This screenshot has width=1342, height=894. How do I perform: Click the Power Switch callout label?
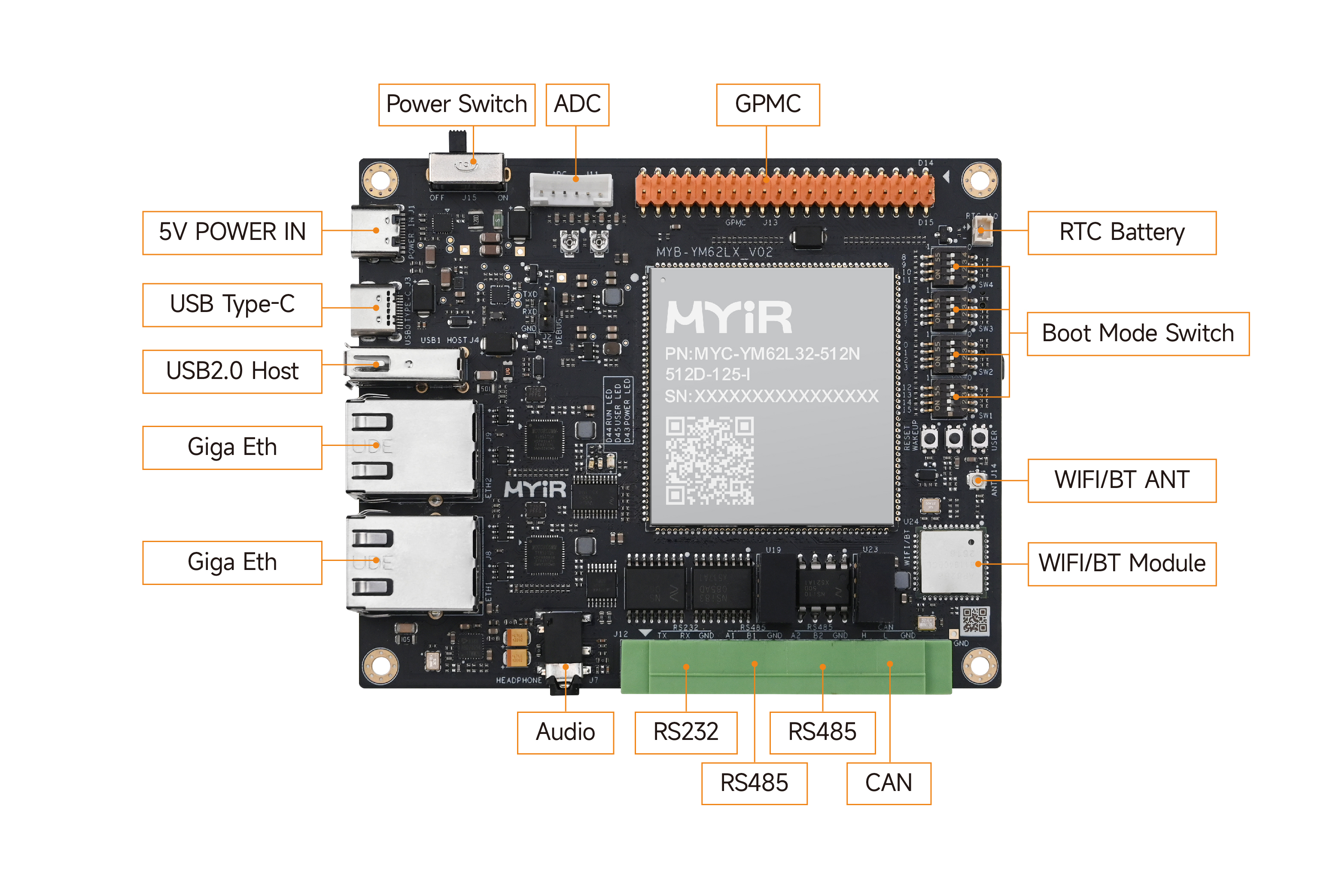[x=456, y=104]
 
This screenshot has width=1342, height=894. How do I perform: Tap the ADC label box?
[x=577, y=104]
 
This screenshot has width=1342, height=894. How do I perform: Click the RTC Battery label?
[x=1121, y=232]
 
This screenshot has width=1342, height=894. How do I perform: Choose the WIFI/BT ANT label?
[x=1121, y=480]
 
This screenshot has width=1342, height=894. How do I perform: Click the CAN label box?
[x=888, y=783]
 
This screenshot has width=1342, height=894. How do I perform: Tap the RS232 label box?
[x=685, y=732]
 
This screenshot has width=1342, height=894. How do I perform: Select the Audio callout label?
[x=565, y=732]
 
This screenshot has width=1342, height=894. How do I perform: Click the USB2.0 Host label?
[x=232, y=371]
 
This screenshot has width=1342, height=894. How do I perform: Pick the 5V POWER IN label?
[x=232, y=232]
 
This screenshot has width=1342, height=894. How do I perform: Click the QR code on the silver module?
[x=709, y=461]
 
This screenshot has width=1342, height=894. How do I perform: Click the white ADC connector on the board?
[x=571, y=189]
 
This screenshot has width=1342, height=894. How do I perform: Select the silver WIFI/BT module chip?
[x=951, y=563]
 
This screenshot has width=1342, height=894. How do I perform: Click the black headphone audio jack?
[x=565, y=650]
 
